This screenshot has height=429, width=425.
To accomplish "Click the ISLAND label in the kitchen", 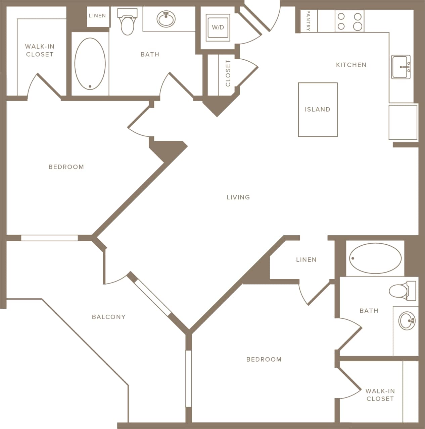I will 317,109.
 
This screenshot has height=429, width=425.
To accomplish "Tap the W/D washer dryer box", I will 218,27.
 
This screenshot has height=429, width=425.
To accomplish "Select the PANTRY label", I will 308,21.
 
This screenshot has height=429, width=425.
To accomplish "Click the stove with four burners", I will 349,21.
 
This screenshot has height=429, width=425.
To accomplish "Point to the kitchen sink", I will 401,67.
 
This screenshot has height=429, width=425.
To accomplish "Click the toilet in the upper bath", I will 127,23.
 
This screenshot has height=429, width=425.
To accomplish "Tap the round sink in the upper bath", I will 166,19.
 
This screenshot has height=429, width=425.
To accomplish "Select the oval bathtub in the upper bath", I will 90,64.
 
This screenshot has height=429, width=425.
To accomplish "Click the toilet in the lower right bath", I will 401,291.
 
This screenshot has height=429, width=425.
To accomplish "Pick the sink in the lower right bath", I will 407,321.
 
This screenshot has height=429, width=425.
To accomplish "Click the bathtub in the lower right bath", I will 375,258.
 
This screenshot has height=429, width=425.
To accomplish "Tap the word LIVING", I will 238,197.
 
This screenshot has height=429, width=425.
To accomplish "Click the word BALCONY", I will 109,317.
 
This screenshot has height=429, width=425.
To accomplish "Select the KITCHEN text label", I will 351,65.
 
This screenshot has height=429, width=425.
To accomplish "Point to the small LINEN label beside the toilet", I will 97,16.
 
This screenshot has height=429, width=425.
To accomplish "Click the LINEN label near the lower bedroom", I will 306,259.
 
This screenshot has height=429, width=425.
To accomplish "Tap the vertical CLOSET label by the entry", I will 228,73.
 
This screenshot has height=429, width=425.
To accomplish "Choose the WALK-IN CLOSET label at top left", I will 40,50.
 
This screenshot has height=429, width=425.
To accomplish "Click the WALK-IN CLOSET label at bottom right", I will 380,395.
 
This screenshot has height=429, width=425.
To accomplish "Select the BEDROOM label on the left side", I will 66,167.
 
